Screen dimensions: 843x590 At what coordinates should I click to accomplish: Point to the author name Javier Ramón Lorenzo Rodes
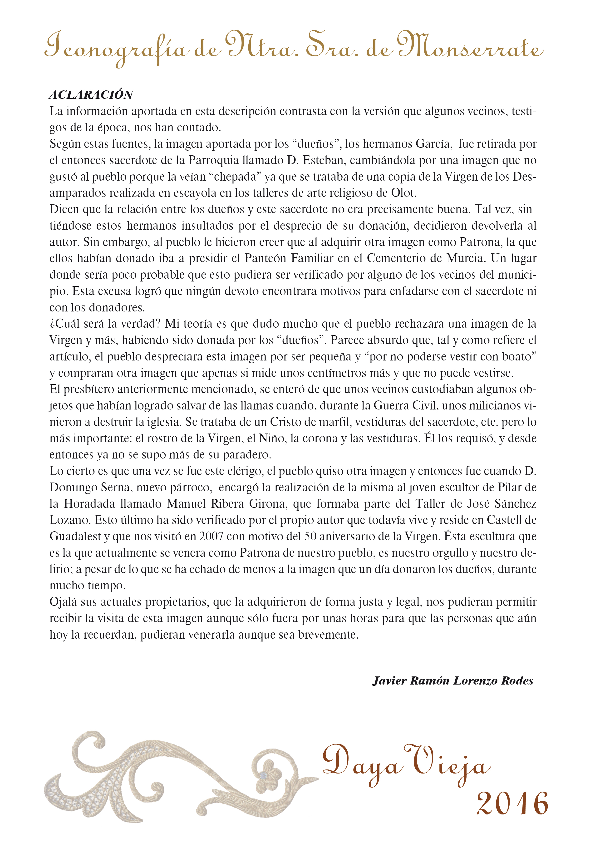pos(453,681)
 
